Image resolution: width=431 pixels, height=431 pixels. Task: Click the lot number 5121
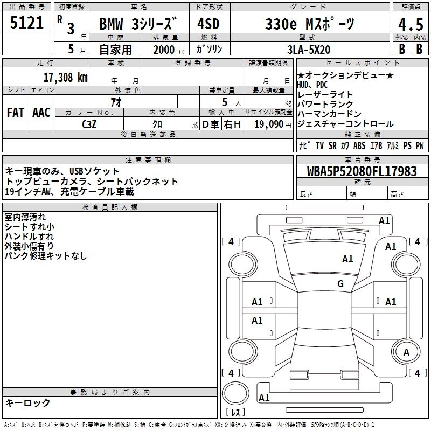pos(26,23)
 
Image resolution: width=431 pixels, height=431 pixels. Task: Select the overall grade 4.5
pos(411,25)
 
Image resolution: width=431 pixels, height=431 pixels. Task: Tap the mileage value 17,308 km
pos(65,77)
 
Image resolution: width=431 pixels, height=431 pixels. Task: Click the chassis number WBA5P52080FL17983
pos(362,171)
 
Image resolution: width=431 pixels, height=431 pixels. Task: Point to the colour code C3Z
pos(89,124)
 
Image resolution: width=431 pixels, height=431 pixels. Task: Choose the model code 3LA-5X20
pos(309,50)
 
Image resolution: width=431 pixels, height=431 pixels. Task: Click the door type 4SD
pos(208,24)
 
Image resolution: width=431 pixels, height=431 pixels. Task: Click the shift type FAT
pos(16,113)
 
